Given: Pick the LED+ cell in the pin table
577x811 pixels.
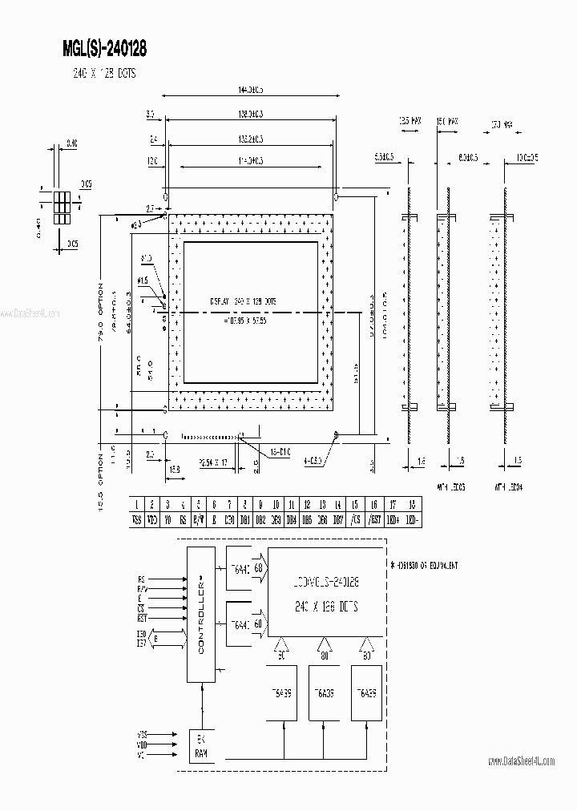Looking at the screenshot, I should pos(392,518).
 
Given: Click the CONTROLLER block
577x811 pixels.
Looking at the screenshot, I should pos(200,615).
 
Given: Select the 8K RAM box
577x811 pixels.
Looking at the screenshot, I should pos(200,747).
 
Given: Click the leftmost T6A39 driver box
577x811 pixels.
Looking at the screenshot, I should pos(286,693).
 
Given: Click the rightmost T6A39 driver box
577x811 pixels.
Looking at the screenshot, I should pos(366,693).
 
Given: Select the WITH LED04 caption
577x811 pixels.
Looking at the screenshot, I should pos(506,486).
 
